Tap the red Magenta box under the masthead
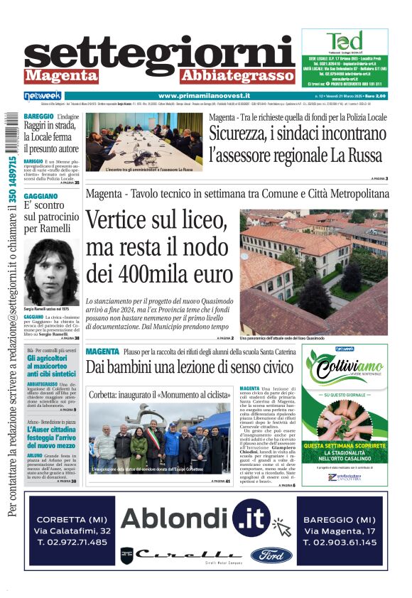coord(62,75)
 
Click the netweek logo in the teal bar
coord(43,96)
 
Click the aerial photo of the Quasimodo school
coord(313,266)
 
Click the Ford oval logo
coord(271,555)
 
